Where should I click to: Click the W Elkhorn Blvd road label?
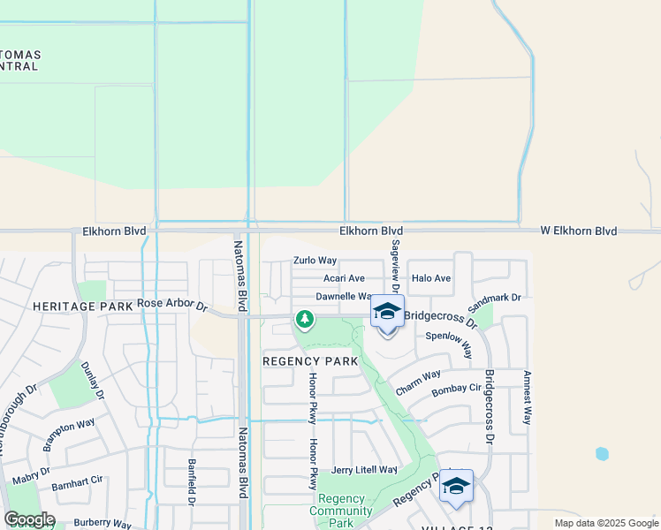[x=579, y=231]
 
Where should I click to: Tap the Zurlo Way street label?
[x=315, y=261]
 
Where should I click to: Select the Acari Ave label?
[x=344, y=278]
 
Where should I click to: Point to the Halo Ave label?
[x=431, y=278]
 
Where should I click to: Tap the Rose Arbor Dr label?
[x=172, y=305]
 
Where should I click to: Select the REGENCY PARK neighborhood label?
[x=311, y=361]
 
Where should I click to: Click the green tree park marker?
[x=305, y=318]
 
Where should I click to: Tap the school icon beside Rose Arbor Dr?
[x=386, y=313]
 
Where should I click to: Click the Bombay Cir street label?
[x=456, y=388]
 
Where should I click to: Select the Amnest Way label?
[x=527, y=397]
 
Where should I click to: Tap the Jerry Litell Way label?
[x=364, y=470]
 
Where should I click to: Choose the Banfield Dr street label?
[x=191, y=481]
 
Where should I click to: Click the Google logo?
[x=30, y=519]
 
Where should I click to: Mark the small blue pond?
[x=602, y=454]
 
